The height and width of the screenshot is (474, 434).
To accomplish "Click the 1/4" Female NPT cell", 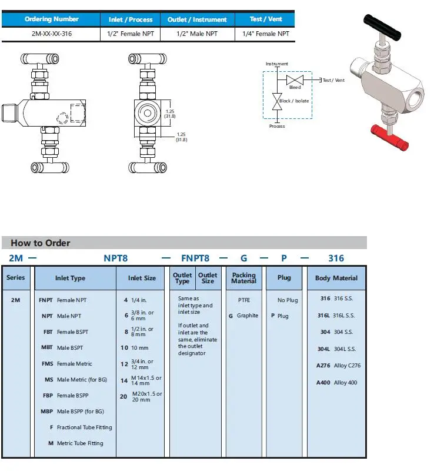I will coord(266,34).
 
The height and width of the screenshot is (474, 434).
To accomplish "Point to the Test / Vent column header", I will coord(266,19).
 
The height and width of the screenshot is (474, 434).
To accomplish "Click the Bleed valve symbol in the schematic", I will coord(294,80).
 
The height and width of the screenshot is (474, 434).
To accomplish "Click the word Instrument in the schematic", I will coord(277,64).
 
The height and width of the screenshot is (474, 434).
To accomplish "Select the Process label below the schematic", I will coord(277,126).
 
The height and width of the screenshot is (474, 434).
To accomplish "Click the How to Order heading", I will coord(41,243).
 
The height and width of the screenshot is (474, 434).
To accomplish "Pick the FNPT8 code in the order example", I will coord(196,258).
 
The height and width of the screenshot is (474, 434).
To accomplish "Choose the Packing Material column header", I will coord(244,278).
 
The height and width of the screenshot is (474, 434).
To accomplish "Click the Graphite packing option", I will coord(243,316).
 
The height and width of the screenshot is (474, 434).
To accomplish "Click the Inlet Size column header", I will coord(142,278).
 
